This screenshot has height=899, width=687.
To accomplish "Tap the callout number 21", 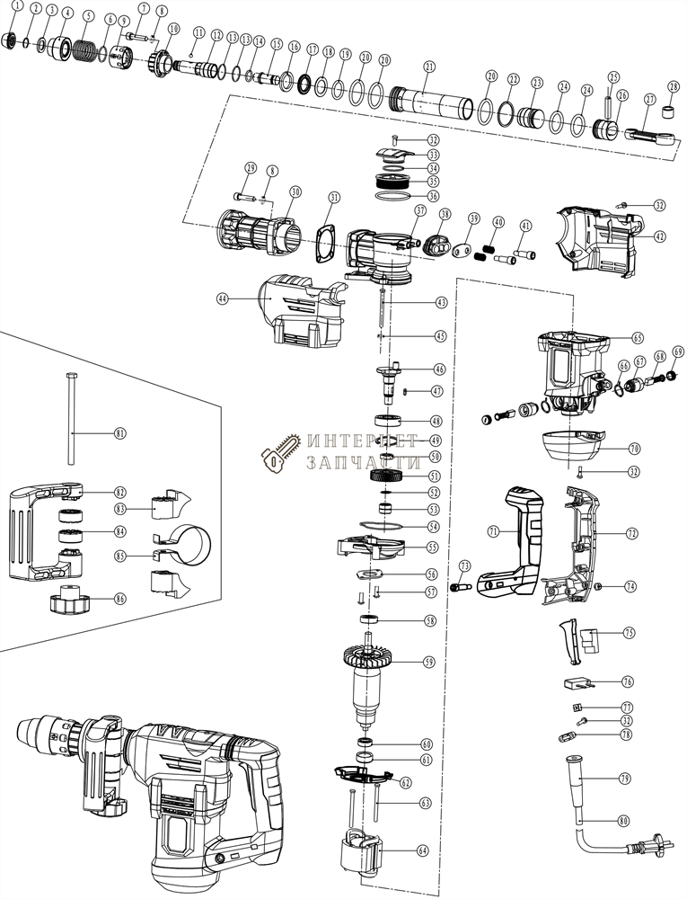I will (x=429, y=67).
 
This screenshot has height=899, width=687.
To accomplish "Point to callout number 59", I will (x=429, y=662).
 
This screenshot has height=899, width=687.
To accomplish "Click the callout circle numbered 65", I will (x=637, y=338).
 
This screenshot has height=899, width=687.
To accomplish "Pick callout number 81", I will (x=120, y=432).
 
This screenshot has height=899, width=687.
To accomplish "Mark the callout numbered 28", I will (x=673, y=86).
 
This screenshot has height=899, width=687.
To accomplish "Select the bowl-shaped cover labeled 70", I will (x=572, y=444).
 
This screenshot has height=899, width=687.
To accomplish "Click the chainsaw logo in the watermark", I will (x=277, y=453).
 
